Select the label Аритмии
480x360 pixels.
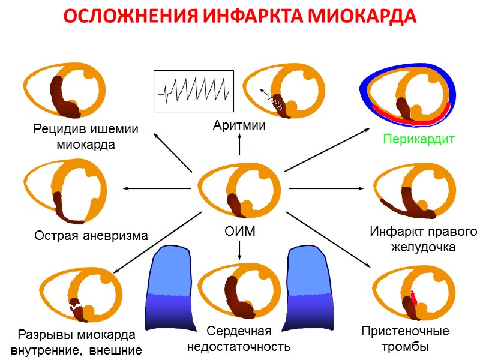239,125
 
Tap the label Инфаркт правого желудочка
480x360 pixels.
423,239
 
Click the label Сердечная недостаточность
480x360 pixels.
239,339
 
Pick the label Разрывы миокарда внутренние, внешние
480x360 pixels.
76,342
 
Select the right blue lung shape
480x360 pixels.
309,288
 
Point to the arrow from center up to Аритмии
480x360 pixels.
239,144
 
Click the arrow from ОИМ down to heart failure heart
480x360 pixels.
239,249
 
